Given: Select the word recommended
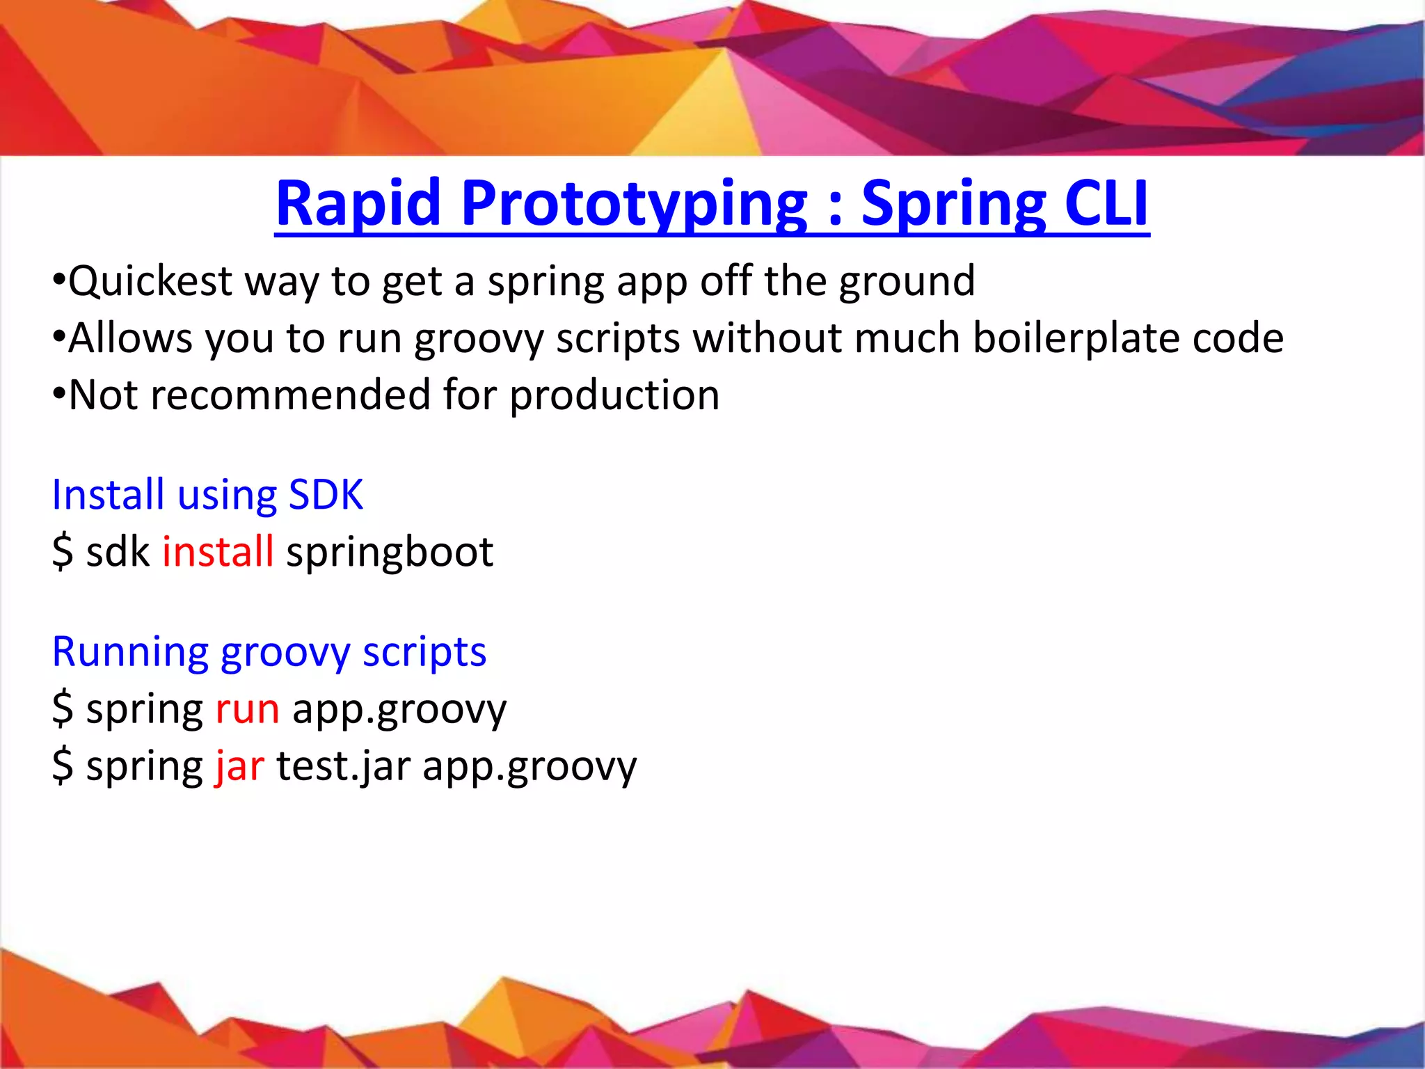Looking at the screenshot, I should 290,395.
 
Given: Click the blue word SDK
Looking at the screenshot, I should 326,495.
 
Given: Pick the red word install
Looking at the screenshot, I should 218,552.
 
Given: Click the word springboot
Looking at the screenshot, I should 390,552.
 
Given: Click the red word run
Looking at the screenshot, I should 247,709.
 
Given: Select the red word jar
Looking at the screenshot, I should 239,766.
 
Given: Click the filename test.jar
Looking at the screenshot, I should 343,766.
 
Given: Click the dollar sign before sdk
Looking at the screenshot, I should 63,552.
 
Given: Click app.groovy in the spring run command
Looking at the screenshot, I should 399,709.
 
